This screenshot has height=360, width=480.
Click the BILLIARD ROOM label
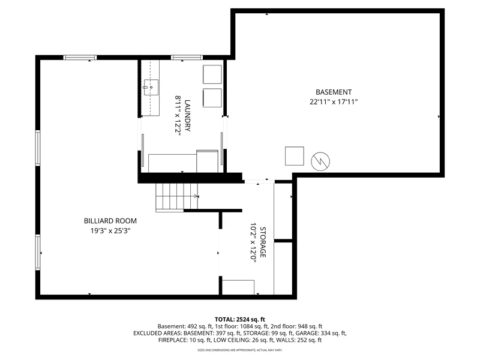coord(110,221)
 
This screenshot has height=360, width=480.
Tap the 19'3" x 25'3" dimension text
coord(110,230)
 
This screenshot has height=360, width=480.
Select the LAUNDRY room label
coord(187,115)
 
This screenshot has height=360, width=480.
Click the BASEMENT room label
coord(334,92)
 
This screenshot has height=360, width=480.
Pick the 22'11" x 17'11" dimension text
coord(334,102)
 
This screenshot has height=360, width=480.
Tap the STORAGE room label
coord(263,242)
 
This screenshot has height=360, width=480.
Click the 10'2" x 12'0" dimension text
coord(253,242)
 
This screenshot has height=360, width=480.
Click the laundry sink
coord(151,88)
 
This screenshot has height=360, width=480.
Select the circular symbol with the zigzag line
coord(320,161)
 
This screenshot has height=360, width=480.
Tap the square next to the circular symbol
coord(295,156)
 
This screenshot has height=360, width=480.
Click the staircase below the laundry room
coord(176,197)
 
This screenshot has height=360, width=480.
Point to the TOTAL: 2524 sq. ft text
coord(239,320)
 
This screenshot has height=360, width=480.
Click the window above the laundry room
coord(187,57)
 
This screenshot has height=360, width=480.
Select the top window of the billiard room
coord(80,57)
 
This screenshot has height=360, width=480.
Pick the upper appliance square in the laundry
coord(212,74)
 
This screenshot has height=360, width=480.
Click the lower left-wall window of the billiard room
coord(38,252)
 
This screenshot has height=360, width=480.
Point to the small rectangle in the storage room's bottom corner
coord(238,287)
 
